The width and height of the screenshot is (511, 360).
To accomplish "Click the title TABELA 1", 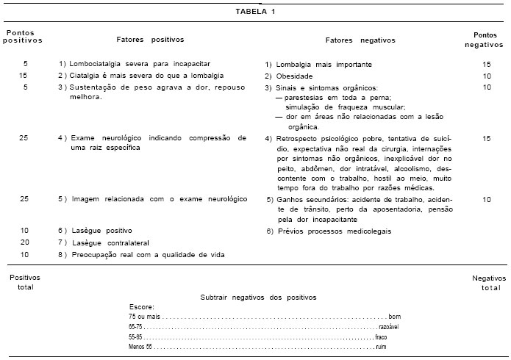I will point(256,12).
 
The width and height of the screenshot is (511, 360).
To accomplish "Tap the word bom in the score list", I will point(394,315).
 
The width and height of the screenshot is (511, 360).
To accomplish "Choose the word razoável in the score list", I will point(388,325).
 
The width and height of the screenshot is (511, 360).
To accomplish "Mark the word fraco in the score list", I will point(380,336).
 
